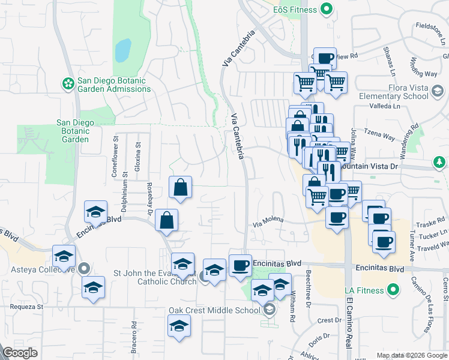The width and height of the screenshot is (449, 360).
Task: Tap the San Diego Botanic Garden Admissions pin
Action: tap(68, 82)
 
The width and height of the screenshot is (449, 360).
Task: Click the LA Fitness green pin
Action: tap(393, 291)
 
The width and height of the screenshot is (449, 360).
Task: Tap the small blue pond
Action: tap(122, 50)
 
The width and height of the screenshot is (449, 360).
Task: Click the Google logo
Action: tap(20, 353)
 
